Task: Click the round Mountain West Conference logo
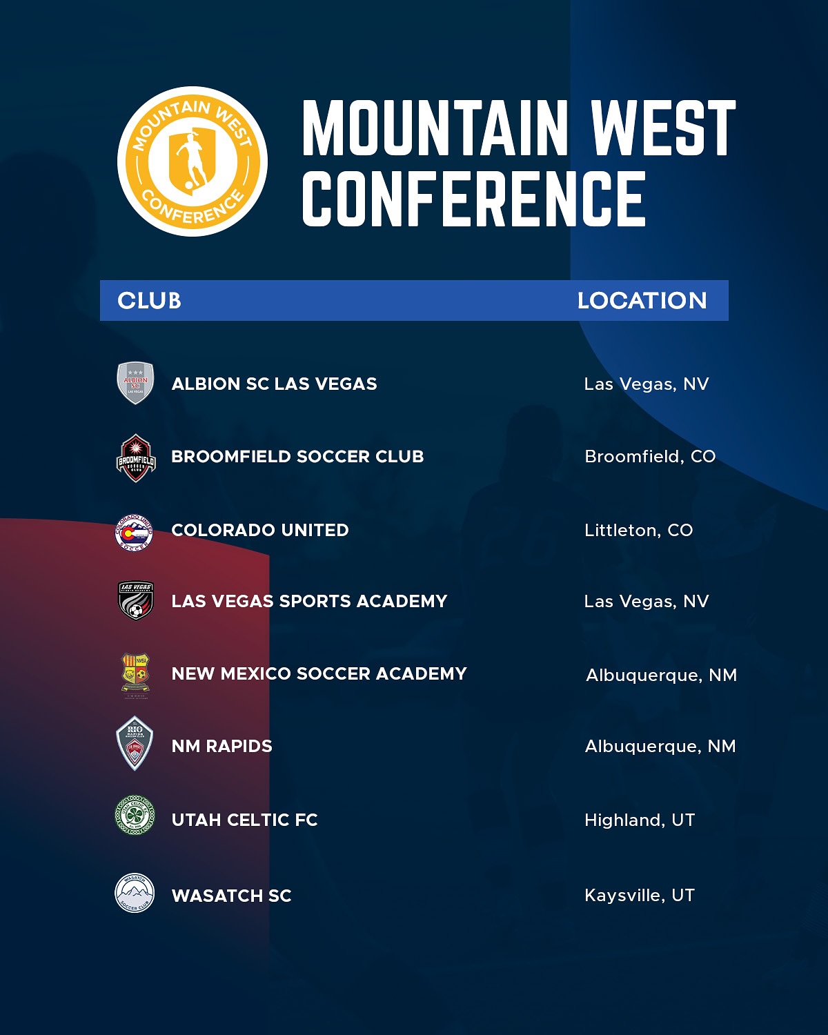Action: (193, 161)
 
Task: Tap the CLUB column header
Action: (149, 301)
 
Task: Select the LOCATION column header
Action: (642, 301)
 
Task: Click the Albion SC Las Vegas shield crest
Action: (136, 383)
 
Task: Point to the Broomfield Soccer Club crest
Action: (136, 458)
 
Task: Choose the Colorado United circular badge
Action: (135, 533)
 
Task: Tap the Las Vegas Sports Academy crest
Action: (136, 600)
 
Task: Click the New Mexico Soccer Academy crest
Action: (135, 675)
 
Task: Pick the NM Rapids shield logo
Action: (135, 744)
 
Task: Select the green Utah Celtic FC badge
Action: (135, 815)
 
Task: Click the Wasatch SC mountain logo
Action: (135, 893)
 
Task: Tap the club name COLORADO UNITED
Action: (260, 530)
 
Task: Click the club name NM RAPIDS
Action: (221, 746)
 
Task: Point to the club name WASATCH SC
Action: (231, 896)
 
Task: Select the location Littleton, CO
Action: (638, 530)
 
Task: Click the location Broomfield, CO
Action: (650, 456)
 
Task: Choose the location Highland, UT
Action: (640, 820)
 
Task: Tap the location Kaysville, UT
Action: (640, 895)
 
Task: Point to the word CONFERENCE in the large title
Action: (474, 198)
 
